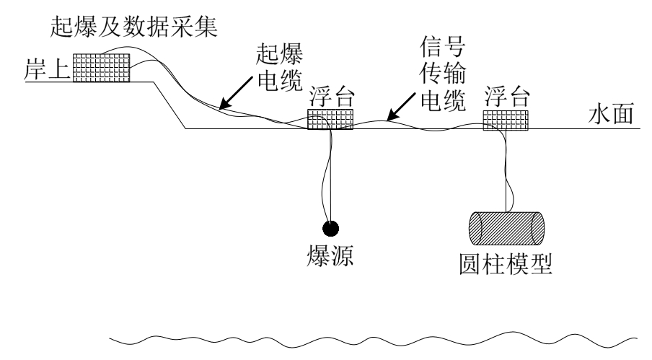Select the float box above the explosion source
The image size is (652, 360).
[330, 119]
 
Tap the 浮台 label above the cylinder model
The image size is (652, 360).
[507, 98]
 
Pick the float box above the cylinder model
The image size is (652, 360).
[506, 120]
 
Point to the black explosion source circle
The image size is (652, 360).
[330, 228]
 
